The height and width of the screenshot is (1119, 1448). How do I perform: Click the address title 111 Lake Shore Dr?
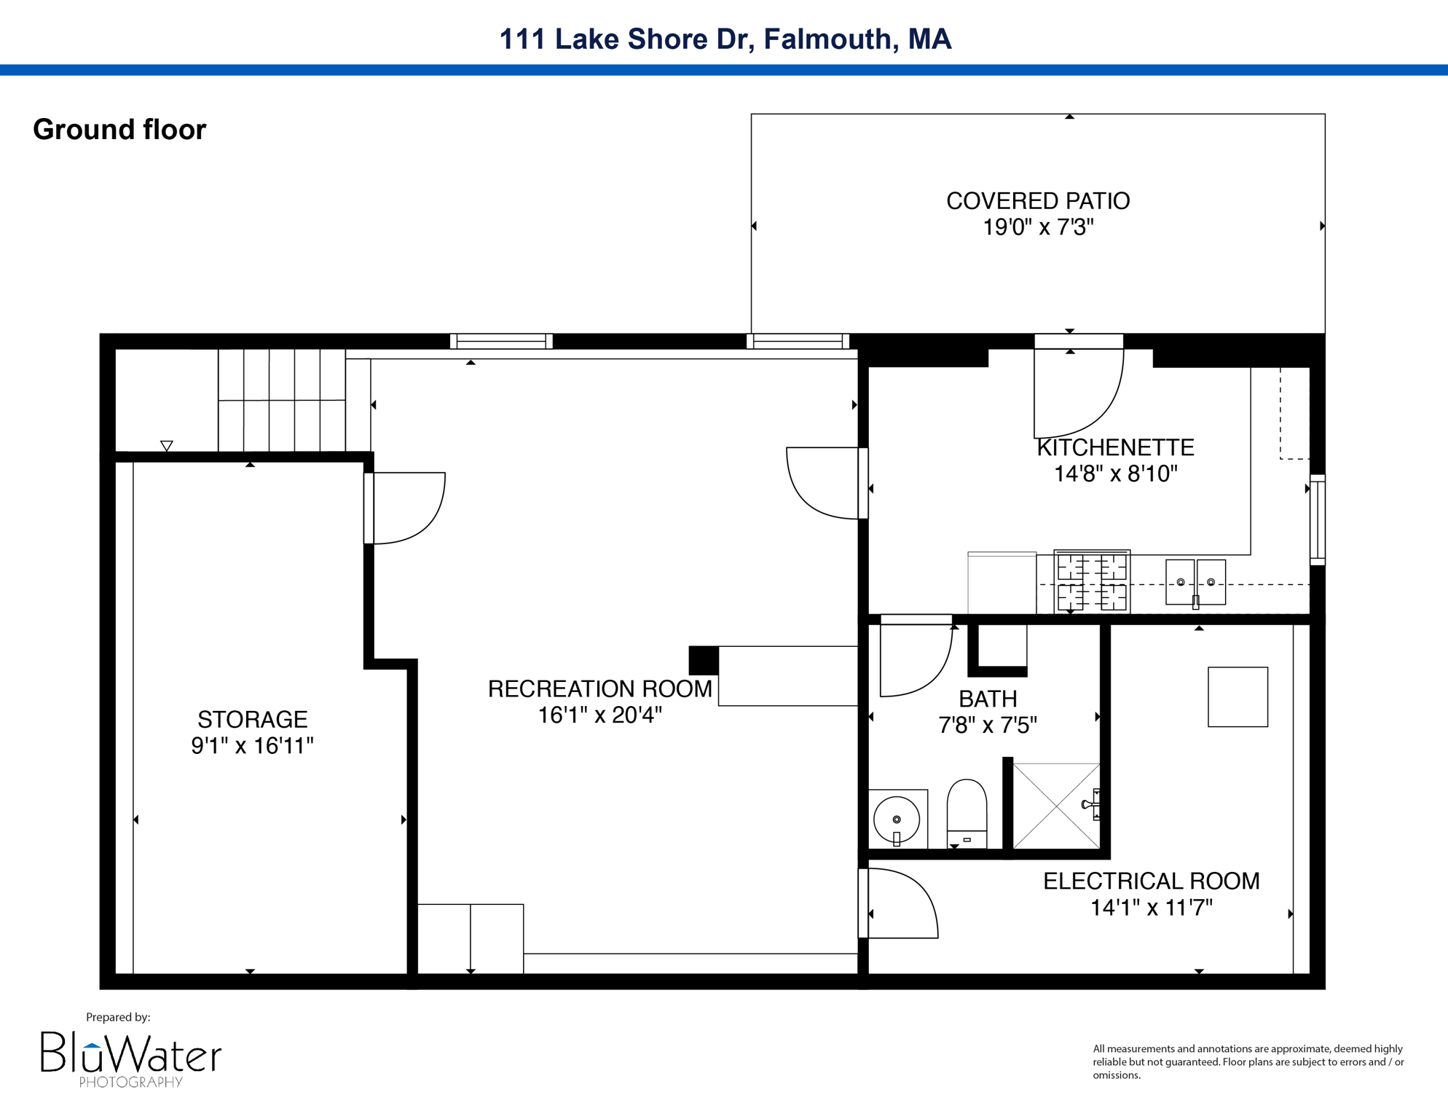coord(725,39)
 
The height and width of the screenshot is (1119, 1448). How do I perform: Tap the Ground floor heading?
coord(119,130)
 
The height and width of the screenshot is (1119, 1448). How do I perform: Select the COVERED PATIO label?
coord(1037,201)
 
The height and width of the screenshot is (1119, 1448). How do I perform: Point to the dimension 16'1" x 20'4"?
coord(599,715)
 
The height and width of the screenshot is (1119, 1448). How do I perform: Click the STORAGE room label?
coord(252,720)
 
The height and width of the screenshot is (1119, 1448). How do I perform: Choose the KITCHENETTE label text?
coord(1115,447)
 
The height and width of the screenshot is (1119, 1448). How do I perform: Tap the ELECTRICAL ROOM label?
coord(1151,882)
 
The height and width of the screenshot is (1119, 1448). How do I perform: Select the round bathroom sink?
coord(897,820)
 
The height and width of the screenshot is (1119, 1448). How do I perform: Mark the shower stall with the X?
coord(1056,806)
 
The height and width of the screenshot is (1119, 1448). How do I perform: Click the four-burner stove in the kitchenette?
coord(1092,582)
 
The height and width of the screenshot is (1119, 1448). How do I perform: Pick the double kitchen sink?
coord(1195,582)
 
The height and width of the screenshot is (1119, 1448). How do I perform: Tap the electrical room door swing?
coord(902,903)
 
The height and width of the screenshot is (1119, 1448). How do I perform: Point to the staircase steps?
coord(282,401)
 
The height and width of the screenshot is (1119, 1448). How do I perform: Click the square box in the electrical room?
coord(1238,697)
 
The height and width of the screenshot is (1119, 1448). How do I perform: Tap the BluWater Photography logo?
coord(130,1059)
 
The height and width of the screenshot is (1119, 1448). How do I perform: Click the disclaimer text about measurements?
coord(1248,1061)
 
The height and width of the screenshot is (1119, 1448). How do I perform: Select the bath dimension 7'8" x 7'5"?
coord(988,726)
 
